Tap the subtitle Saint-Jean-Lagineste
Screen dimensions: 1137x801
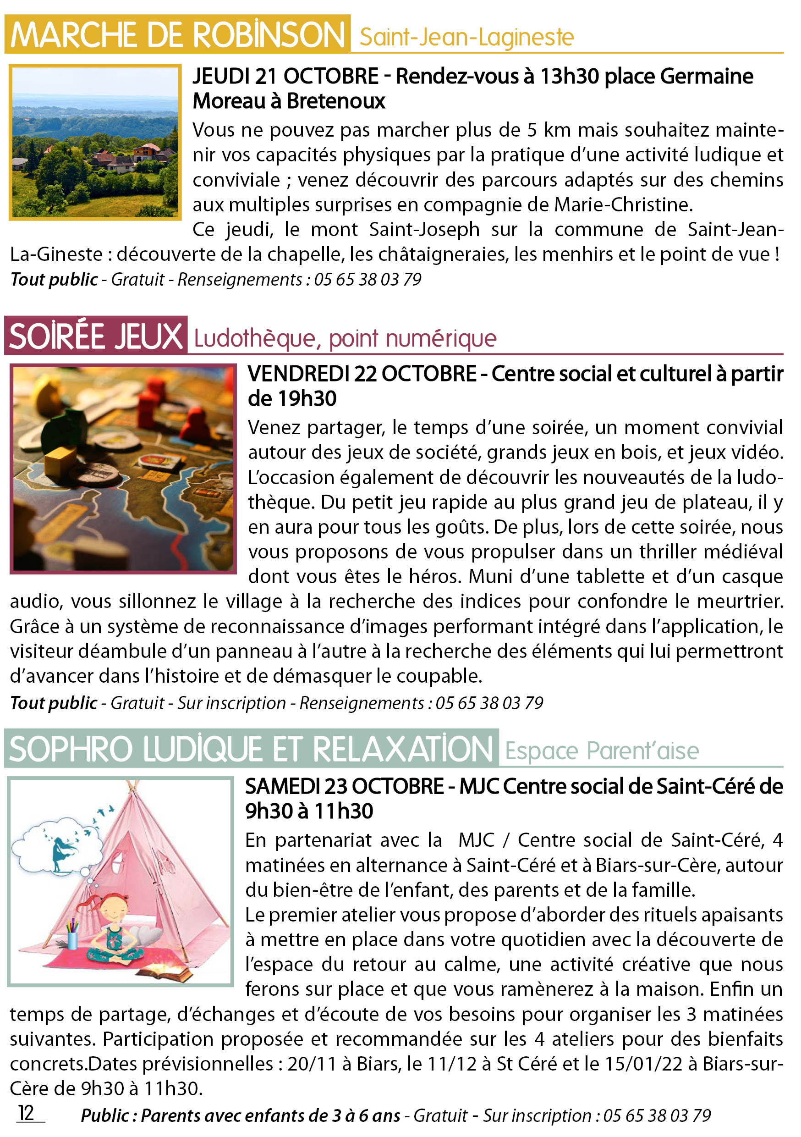coord(466,38)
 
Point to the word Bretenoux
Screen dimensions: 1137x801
coord(335,101)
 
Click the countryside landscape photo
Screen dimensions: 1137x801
coord(95,142)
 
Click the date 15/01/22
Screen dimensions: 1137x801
coord(653,1064)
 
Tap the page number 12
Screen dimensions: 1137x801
coord(26,1113)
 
